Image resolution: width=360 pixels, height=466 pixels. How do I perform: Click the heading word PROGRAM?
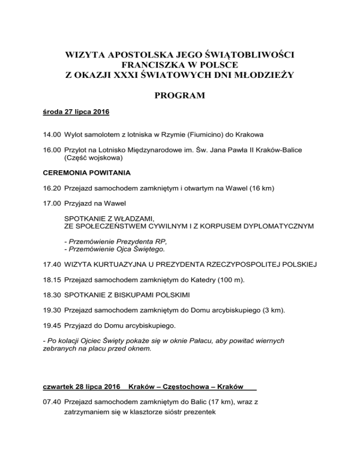click(x=180, y=96)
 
